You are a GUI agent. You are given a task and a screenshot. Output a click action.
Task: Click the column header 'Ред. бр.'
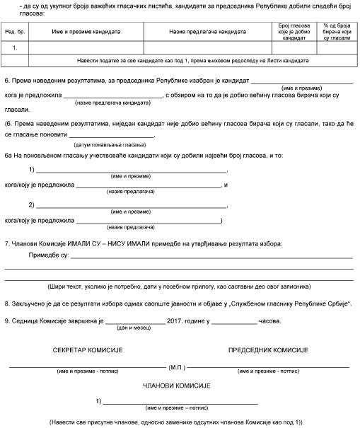[15, 33]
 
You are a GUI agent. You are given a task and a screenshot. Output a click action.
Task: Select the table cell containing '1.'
[15, 48]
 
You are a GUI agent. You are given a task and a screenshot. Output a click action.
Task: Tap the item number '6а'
[9, 154]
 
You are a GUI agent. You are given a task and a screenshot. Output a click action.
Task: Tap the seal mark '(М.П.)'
[178, 368]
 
